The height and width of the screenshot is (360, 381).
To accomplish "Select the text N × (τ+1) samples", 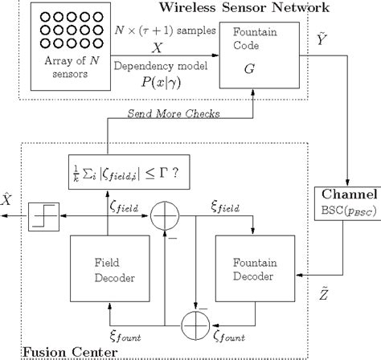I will click(x=164, y=30).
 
